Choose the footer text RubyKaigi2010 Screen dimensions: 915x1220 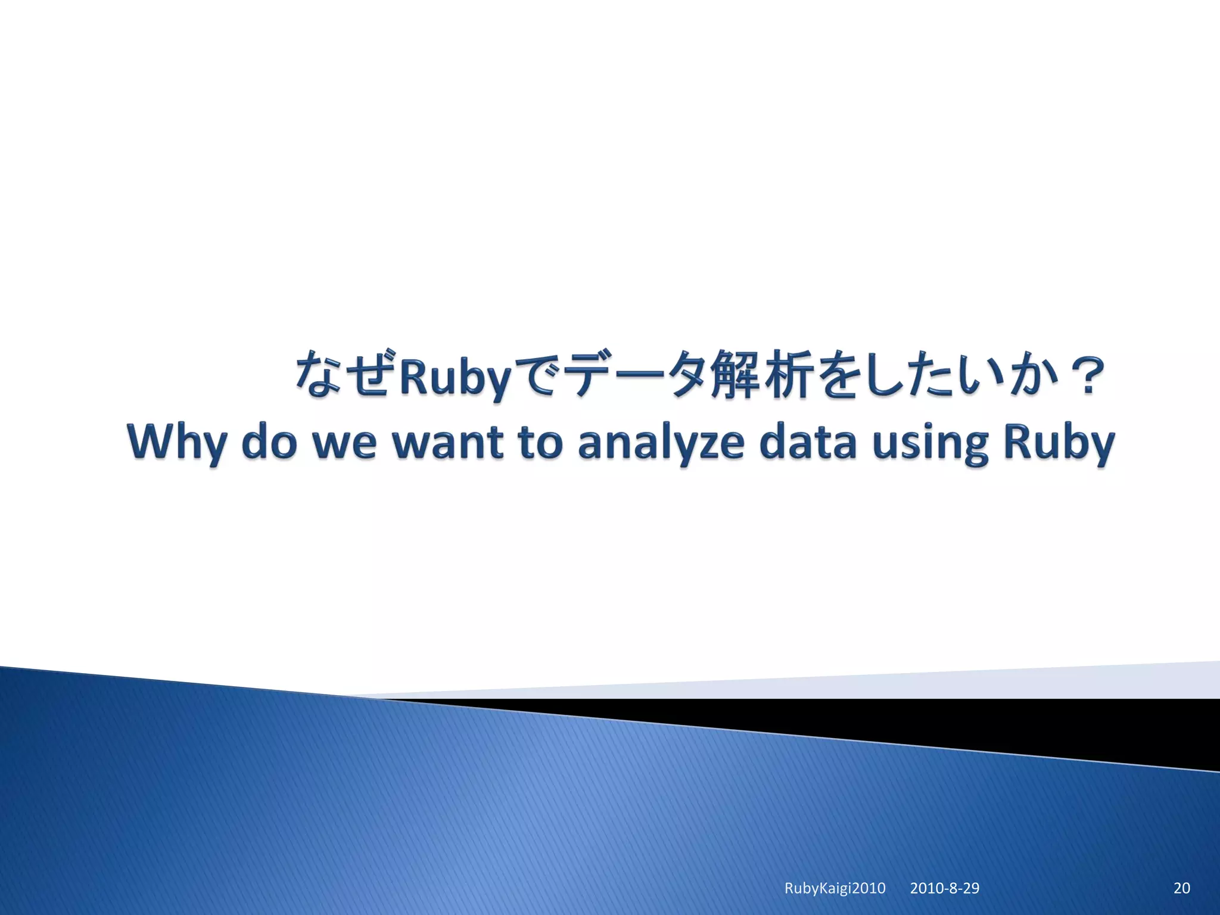[835, 888]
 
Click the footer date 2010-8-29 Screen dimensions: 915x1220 [944, 888]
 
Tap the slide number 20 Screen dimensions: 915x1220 [1181, 888]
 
